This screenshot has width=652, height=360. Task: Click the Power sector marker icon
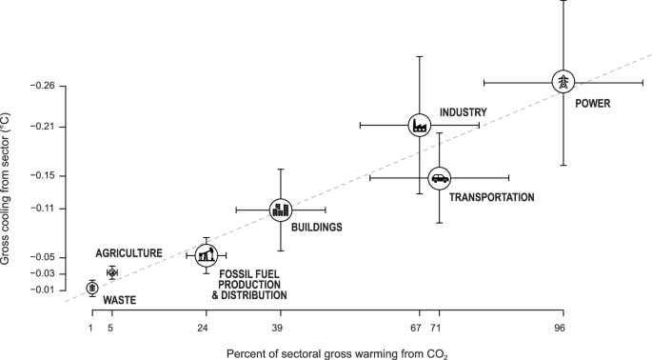(x=563, y=82)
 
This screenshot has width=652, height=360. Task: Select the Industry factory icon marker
(x=419, y=124)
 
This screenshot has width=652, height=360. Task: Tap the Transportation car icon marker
(x=439, y=177)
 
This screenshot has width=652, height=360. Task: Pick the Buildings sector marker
(x=280, y=210)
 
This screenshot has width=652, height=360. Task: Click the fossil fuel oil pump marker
(x=206, y=254)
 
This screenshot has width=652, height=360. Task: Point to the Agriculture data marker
(x=111, y=272)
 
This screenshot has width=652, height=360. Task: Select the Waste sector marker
(x=91, y=288)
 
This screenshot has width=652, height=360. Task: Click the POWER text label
(x=592, y=103)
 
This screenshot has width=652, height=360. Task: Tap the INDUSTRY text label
(x=464, y=112)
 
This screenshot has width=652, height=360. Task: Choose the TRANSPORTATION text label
(x=491, y=197)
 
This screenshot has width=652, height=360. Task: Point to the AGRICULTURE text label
(x=129, y=253)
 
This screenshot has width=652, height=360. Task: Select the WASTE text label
(x=119, y=301)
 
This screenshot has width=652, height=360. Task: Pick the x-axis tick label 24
(x=203, y=328)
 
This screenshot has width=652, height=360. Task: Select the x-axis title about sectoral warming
(x=336, y=352)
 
